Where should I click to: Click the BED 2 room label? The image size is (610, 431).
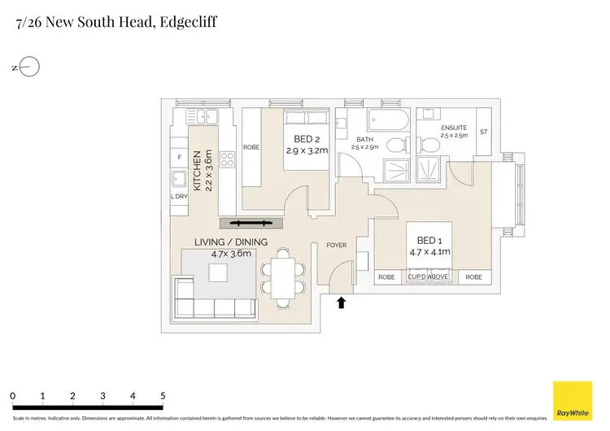(305, 138)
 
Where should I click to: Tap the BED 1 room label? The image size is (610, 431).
(428, 241)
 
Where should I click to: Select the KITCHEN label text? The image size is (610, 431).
(197, 169)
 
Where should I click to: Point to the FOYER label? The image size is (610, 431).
(336, 245)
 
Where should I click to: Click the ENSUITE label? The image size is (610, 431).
(453, 128)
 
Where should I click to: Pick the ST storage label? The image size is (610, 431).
(483, 131)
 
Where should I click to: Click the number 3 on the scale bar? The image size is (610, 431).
(102, 396)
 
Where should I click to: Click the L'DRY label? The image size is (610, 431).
(179, 197)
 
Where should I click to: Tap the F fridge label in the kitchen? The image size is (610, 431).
(179, 156)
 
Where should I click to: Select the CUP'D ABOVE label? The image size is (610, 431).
(428, 277)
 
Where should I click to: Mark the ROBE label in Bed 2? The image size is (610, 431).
(251, 147)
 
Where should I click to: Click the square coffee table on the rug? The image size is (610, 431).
(219, 272)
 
